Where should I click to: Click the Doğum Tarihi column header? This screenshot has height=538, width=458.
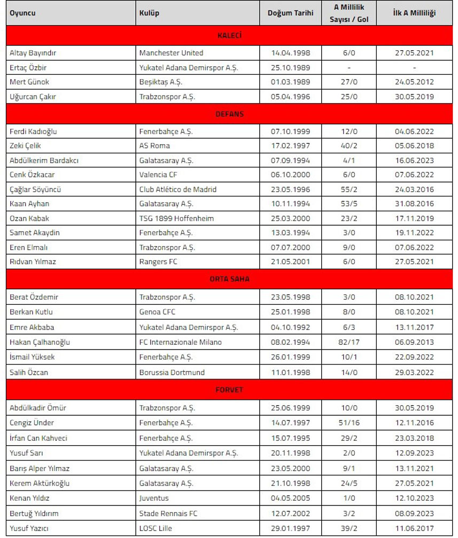[290, 13]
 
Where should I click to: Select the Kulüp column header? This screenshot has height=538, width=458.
[149, 13]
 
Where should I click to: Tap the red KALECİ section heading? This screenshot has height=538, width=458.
[229, 36]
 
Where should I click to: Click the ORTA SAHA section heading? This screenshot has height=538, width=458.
[229, 279]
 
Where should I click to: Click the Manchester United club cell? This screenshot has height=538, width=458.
[171, 53]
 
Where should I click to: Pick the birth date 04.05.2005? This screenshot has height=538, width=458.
[290, 498]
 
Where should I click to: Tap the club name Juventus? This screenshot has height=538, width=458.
[154, 498]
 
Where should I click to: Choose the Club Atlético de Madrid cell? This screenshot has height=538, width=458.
[178, 189]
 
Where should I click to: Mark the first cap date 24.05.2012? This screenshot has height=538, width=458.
[414, 82]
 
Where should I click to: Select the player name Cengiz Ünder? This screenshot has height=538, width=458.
[31, 423]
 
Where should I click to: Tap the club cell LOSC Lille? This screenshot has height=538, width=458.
[156, 528]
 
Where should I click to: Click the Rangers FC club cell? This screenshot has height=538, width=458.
[158, 262]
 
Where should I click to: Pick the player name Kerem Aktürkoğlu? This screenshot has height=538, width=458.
[40, 483]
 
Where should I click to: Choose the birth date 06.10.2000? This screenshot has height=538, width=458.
[290, 175]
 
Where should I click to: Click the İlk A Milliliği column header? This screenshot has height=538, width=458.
[414, 13]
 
